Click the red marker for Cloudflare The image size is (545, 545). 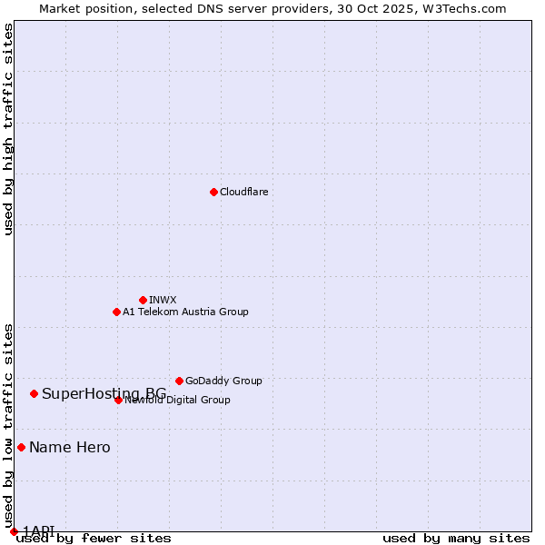(x=213, y=192)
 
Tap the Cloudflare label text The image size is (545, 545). (x=243, y=192)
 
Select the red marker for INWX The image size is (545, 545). (x=143, y=300)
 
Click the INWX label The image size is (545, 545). (x=163, y=300)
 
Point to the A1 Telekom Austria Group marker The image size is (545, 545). (x=116, y=312)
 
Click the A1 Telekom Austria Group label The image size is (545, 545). (x=185, y=312)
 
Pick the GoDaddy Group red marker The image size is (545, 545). (x=179, y=381)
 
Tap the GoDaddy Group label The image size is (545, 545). (x=223, y=381)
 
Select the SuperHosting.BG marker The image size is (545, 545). (x=34, y=393)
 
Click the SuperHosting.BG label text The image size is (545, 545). (x=104, y=393)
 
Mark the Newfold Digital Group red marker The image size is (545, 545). (x=118, y=400)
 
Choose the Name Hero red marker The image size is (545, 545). (x=21, y=447)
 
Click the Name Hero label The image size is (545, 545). (x=70, y=447)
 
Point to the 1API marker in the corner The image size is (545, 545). (x=14, y=531)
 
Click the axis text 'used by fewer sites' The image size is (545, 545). (x=94, y=539)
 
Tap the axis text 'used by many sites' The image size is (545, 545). (x=456, y=539)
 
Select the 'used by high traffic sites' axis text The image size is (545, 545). (x=8, y=129)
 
